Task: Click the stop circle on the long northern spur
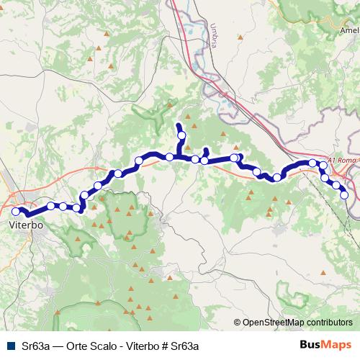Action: pyautogui.click(x=181, y=135)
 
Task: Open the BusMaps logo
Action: pyautogui.click(x=325, y=346)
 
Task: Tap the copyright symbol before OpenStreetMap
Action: pyautogui.click(x=238, y=323)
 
